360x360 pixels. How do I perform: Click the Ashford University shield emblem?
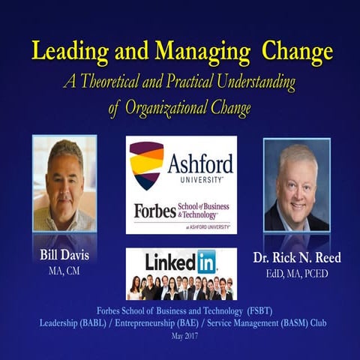tap(146, 164)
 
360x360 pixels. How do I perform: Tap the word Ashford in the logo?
tap(199, 163)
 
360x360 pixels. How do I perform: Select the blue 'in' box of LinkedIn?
tap(206, 261)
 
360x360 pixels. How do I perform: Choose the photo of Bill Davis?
tap(64, 184)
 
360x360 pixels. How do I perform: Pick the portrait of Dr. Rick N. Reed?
tap(296, 185)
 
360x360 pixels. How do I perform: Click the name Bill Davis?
tap(64, 255)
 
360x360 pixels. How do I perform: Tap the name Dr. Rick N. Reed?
tap(295, 258)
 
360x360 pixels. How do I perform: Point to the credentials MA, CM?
tap(64, 271)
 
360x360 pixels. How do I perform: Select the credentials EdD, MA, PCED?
tap(295, 274)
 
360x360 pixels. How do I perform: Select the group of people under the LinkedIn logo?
tap(180, 286)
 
